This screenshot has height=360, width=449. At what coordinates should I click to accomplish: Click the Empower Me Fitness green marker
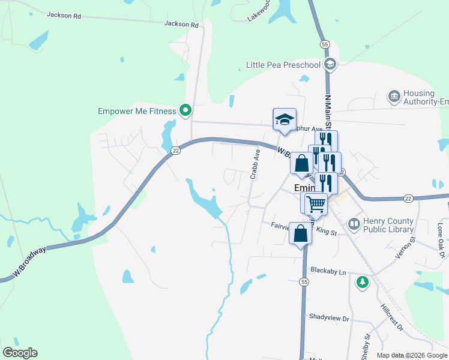click(x=185, y=110)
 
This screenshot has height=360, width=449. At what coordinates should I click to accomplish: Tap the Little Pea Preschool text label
click(x=284, y=65)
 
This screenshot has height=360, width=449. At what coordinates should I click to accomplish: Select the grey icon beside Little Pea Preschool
click(x=329, y=64)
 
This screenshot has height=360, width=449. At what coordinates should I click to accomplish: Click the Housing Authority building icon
click(x=394, y=96)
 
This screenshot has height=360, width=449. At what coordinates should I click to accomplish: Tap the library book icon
click(x=354, y=225)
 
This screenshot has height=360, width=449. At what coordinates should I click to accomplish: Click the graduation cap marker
click(x=285, y=120)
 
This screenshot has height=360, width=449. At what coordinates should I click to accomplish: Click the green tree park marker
click(x=362, y=281)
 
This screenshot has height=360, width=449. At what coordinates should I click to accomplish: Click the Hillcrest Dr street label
click(x=392, y=317)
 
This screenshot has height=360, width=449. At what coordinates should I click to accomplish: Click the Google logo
click(x=20, y=353)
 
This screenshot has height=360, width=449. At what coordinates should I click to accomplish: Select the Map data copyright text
click(x=411, y=355)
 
